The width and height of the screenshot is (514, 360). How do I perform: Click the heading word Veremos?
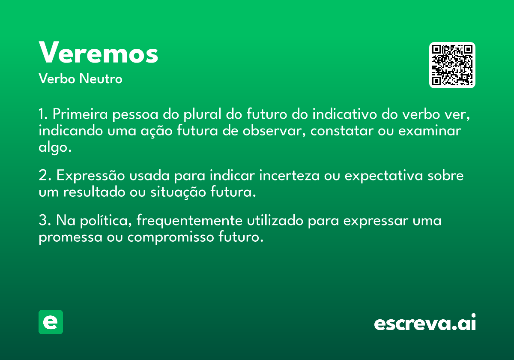pos(99,52)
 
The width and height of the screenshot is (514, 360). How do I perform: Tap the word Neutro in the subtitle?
pos(101,79)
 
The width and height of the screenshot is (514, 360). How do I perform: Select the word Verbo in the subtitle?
pos(57,79)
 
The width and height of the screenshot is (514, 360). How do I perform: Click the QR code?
pos(452,65)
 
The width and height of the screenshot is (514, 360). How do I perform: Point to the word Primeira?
pos(80,114)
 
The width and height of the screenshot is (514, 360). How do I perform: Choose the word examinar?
pos(430,131)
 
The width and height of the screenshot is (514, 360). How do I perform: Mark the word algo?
pos(55,147)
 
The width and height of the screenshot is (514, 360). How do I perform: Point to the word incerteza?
pos(290,175)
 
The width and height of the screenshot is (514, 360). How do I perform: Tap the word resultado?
pos(94,192)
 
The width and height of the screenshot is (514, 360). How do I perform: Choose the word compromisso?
pos(171,237)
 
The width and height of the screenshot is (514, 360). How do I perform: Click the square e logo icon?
pos(51,322)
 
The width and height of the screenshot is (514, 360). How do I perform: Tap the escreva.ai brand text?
pos(425,322)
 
